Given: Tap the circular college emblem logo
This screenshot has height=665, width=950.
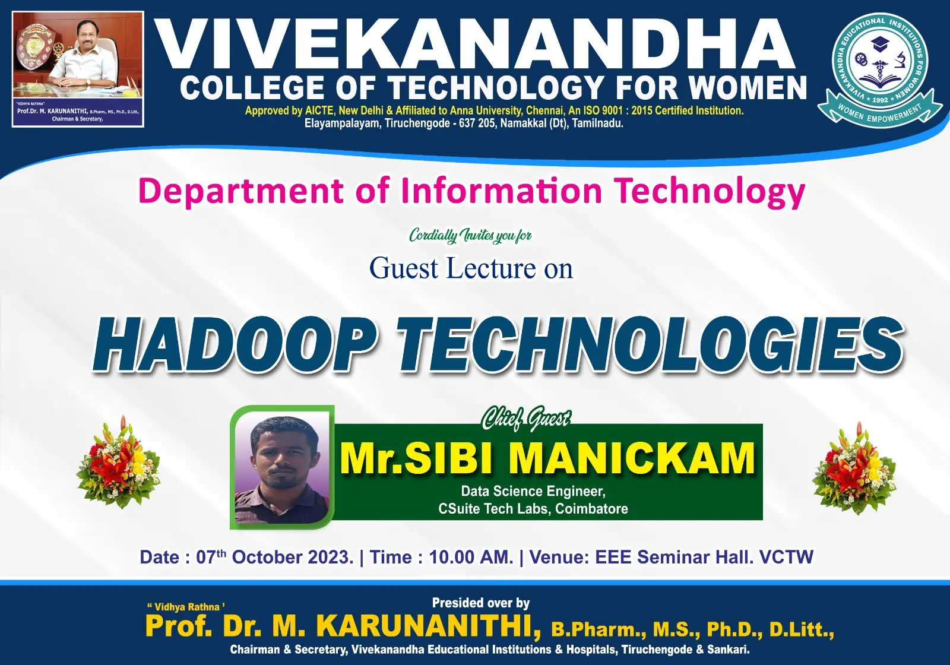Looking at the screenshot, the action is coord(880,66).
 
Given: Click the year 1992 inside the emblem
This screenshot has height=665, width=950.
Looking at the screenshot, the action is coord(880,100).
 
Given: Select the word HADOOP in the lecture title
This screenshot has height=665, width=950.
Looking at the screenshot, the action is coord(230,345).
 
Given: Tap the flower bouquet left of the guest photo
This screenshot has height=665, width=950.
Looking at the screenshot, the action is coord(118,463).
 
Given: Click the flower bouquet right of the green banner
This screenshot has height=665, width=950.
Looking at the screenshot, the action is coord(854,468).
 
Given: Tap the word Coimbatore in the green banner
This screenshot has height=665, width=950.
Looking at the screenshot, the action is coord(591,508).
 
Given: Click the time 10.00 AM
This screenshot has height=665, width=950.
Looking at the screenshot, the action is coord(471,558).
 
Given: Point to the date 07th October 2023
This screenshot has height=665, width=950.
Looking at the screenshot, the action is coord(274,557).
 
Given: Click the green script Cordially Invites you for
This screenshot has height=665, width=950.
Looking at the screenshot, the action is coord(470,235).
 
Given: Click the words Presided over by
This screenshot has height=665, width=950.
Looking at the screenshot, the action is coord(481,603).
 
